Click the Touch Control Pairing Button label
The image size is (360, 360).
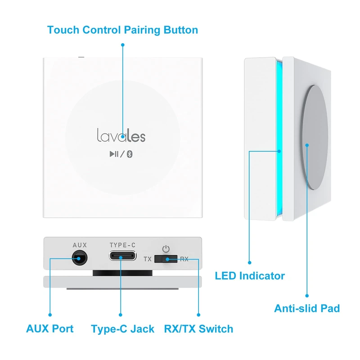tap(122, 31)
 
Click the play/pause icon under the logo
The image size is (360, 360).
tap(114, 154)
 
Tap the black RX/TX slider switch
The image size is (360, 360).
tap(165, 259)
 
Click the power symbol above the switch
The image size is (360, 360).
tap(166, 248)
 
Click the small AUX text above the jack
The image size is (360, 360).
tap(80, 245)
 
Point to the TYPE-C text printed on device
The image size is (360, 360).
tap(122, 245)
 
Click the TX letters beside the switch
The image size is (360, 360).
tap(148, 259)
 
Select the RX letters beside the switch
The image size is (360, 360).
tap(184, 259)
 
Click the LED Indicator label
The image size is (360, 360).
tap(250, 275)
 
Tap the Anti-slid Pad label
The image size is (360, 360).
tap(307, 308)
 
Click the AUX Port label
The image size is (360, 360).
tap(49, 329)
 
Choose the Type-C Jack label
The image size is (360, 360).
tap(122, 329)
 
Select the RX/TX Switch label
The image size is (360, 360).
tap(198, 329)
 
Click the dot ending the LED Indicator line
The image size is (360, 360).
tap(250, 262)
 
